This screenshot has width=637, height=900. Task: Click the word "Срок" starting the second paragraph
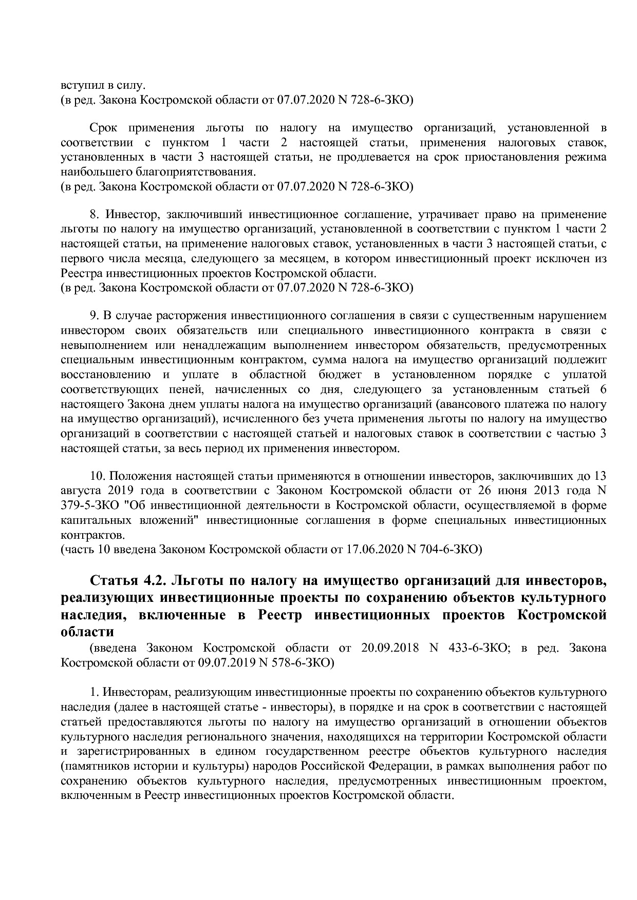click(104, 127)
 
